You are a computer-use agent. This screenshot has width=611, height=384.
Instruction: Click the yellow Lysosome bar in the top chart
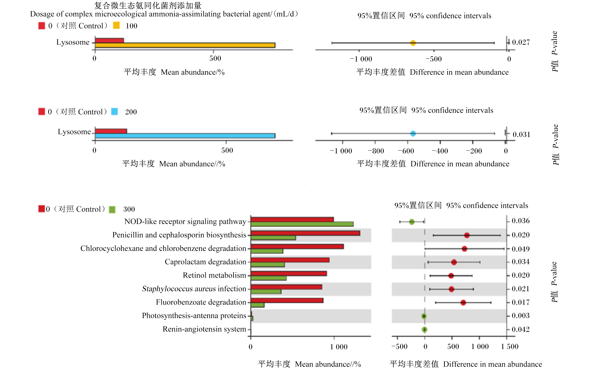pos(185,45)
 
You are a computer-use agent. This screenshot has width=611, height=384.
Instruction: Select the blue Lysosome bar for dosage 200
pos(185,136)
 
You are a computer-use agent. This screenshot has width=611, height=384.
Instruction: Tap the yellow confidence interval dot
pos(413,43)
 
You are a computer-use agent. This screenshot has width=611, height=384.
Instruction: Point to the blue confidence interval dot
pos(413,133)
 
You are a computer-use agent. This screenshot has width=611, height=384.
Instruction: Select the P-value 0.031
pos(521,134)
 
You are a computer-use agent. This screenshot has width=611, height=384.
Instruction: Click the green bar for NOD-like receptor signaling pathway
pos(302,224)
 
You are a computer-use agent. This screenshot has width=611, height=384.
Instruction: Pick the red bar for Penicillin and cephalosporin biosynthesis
pos(305,233)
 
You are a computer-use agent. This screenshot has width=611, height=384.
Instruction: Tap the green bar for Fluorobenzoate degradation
pos(257,305)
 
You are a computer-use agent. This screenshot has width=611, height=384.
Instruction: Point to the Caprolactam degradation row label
pos(205,262)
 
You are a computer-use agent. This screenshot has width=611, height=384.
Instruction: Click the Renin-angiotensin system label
pos(204,329)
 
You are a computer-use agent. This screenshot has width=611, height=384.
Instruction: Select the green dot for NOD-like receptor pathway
pos(412,222)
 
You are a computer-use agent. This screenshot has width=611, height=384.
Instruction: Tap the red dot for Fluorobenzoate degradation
pos(463,302)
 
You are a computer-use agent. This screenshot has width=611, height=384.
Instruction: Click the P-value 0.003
pos(520,316)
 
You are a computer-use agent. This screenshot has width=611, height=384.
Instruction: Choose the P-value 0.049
pos(520,249)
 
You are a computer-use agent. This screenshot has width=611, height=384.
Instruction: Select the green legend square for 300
pos(112,209)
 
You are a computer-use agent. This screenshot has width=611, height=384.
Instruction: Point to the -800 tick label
pos(376,151)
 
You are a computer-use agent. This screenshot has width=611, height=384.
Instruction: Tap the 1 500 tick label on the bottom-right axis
pos(509,347)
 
